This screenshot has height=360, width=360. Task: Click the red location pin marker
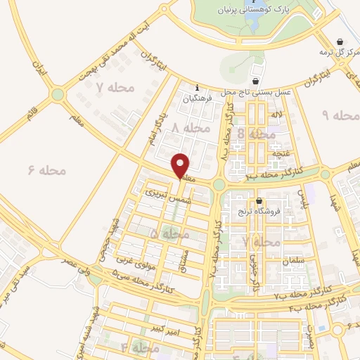pyautogui.click(x=181, y=166)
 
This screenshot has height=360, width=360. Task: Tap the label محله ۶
pyautogui.click(x=47, y=170)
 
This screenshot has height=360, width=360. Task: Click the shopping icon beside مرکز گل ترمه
pyautogui.click(x=341, y=41)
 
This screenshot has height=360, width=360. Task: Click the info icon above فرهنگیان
pyautogui.click(x=198, y=88)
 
